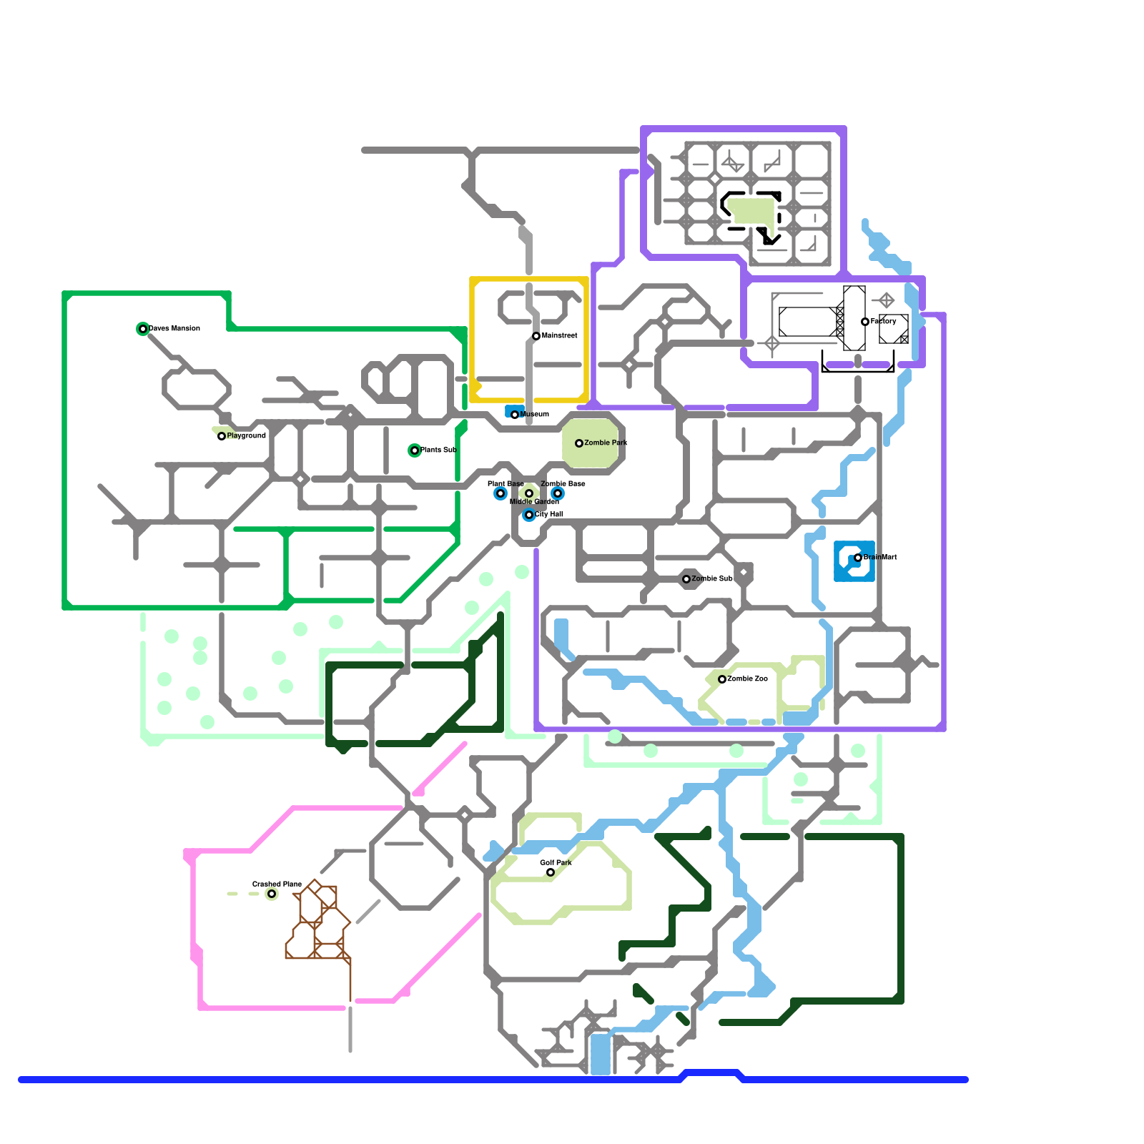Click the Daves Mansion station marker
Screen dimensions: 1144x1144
[x=143, y=329]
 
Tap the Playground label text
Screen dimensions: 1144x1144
[x=247, y=435]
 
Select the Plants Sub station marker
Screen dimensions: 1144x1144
[x=415, y=450]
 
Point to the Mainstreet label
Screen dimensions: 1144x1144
[x=560, y=335]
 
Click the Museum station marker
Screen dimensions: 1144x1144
[x=515, y=415]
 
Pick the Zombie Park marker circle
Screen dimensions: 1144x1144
[x=579, y=443]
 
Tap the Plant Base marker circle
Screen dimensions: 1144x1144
[x=500, y=493]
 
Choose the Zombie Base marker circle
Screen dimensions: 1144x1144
[x=558, y=493]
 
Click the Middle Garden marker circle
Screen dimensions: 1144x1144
[x=529, y=493]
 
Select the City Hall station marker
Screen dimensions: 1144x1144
[x=529, y=515]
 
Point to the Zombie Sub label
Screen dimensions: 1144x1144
[x=712, y=578]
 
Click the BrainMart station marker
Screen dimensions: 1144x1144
[x=858, y=558]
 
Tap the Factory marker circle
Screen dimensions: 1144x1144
[x=865, y=322]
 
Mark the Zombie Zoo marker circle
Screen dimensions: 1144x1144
[x=722, y=679]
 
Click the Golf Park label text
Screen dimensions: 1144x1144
[x=556, y=862]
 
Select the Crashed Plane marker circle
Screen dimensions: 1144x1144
[x=272, y=894]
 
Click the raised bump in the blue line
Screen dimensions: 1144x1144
[x=711, y=1072]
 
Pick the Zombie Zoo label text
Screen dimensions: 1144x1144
[x=748, y=679]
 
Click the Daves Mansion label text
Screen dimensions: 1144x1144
[x=174, y=328]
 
